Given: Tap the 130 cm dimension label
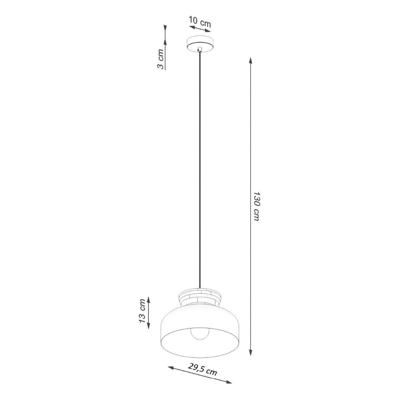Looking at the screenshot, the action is (x=257, y=206).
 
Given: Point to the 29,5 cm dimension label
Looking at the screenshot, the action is (x=202, y=369).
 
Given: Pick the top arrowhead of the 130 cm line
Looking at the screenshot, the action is (x=250, y=61).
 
